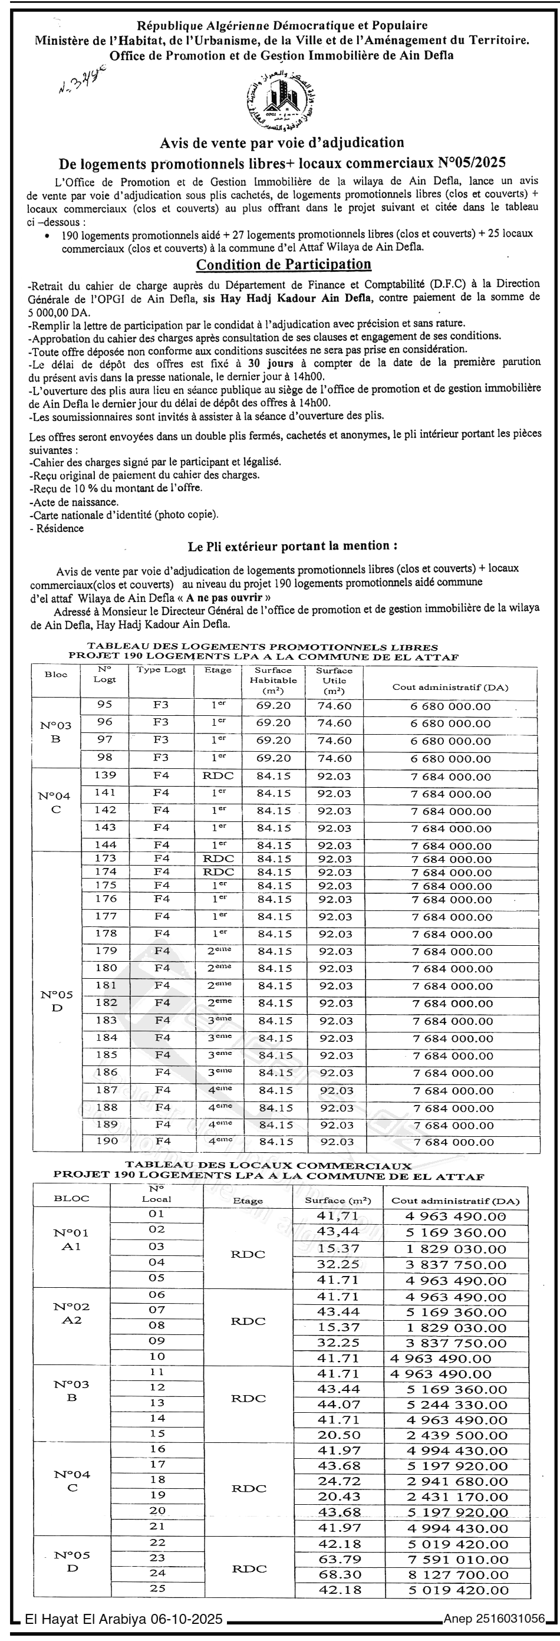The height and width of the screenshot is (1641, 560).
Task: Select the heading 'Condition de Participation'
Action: tap(283, 264)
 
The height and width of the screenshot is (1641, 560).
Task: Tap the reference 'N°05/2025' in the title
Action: tap(475, 162)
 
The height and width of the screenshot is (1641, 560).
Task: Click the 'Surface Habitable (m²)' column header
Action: tap(273, 680)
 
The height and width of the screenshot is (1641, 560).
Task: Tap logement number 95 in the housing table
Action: tap(104, 705)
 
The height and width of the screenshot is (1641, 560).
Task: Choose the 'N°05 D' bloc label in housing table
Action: tap(57, 1001)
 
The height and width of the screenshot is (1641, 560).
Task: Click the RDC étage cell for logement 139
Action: tap(218, 776)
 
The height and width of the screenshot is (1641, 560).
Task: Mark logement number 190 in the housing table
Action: tap(106, 1141)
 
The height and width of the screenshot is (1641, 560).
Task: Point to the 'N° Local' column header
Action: tap(156, 1194)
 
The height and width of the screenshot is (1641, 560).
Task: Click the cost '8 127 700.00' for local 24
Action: tap(456, 1574)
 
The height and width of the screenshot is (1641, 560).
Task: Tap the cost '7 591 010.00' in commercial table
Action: tap(456, 1559)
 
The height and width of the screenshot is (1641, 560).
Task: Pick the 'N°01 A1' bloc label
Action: tap(71, 1239)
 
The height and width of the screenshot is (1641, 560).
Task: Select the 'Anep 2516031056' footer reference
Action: tap(494, 1619)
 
